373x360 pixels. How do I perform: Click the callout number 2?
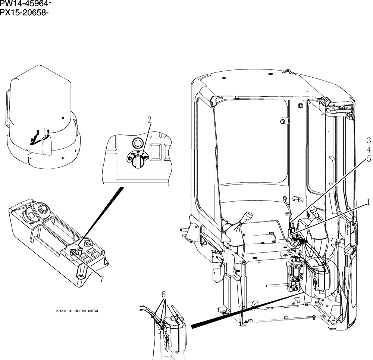(x=149, y=120)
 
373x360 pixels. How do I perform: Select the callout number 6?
(x=163, y=294)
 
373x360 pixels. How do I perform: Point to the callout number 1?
(x=368, y=202)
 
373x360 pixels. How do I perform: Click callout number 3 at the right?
(x=369, y=140)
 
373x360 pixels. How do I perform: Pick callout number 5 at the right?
(x=369, y=159)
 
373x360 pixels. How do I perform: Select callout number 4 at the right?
(x=369, y=149)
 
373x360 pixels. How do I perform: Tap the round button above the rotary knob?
(x=137, y=143)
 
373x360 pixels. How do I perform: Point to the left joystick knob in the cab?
(x=238, y=218)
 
